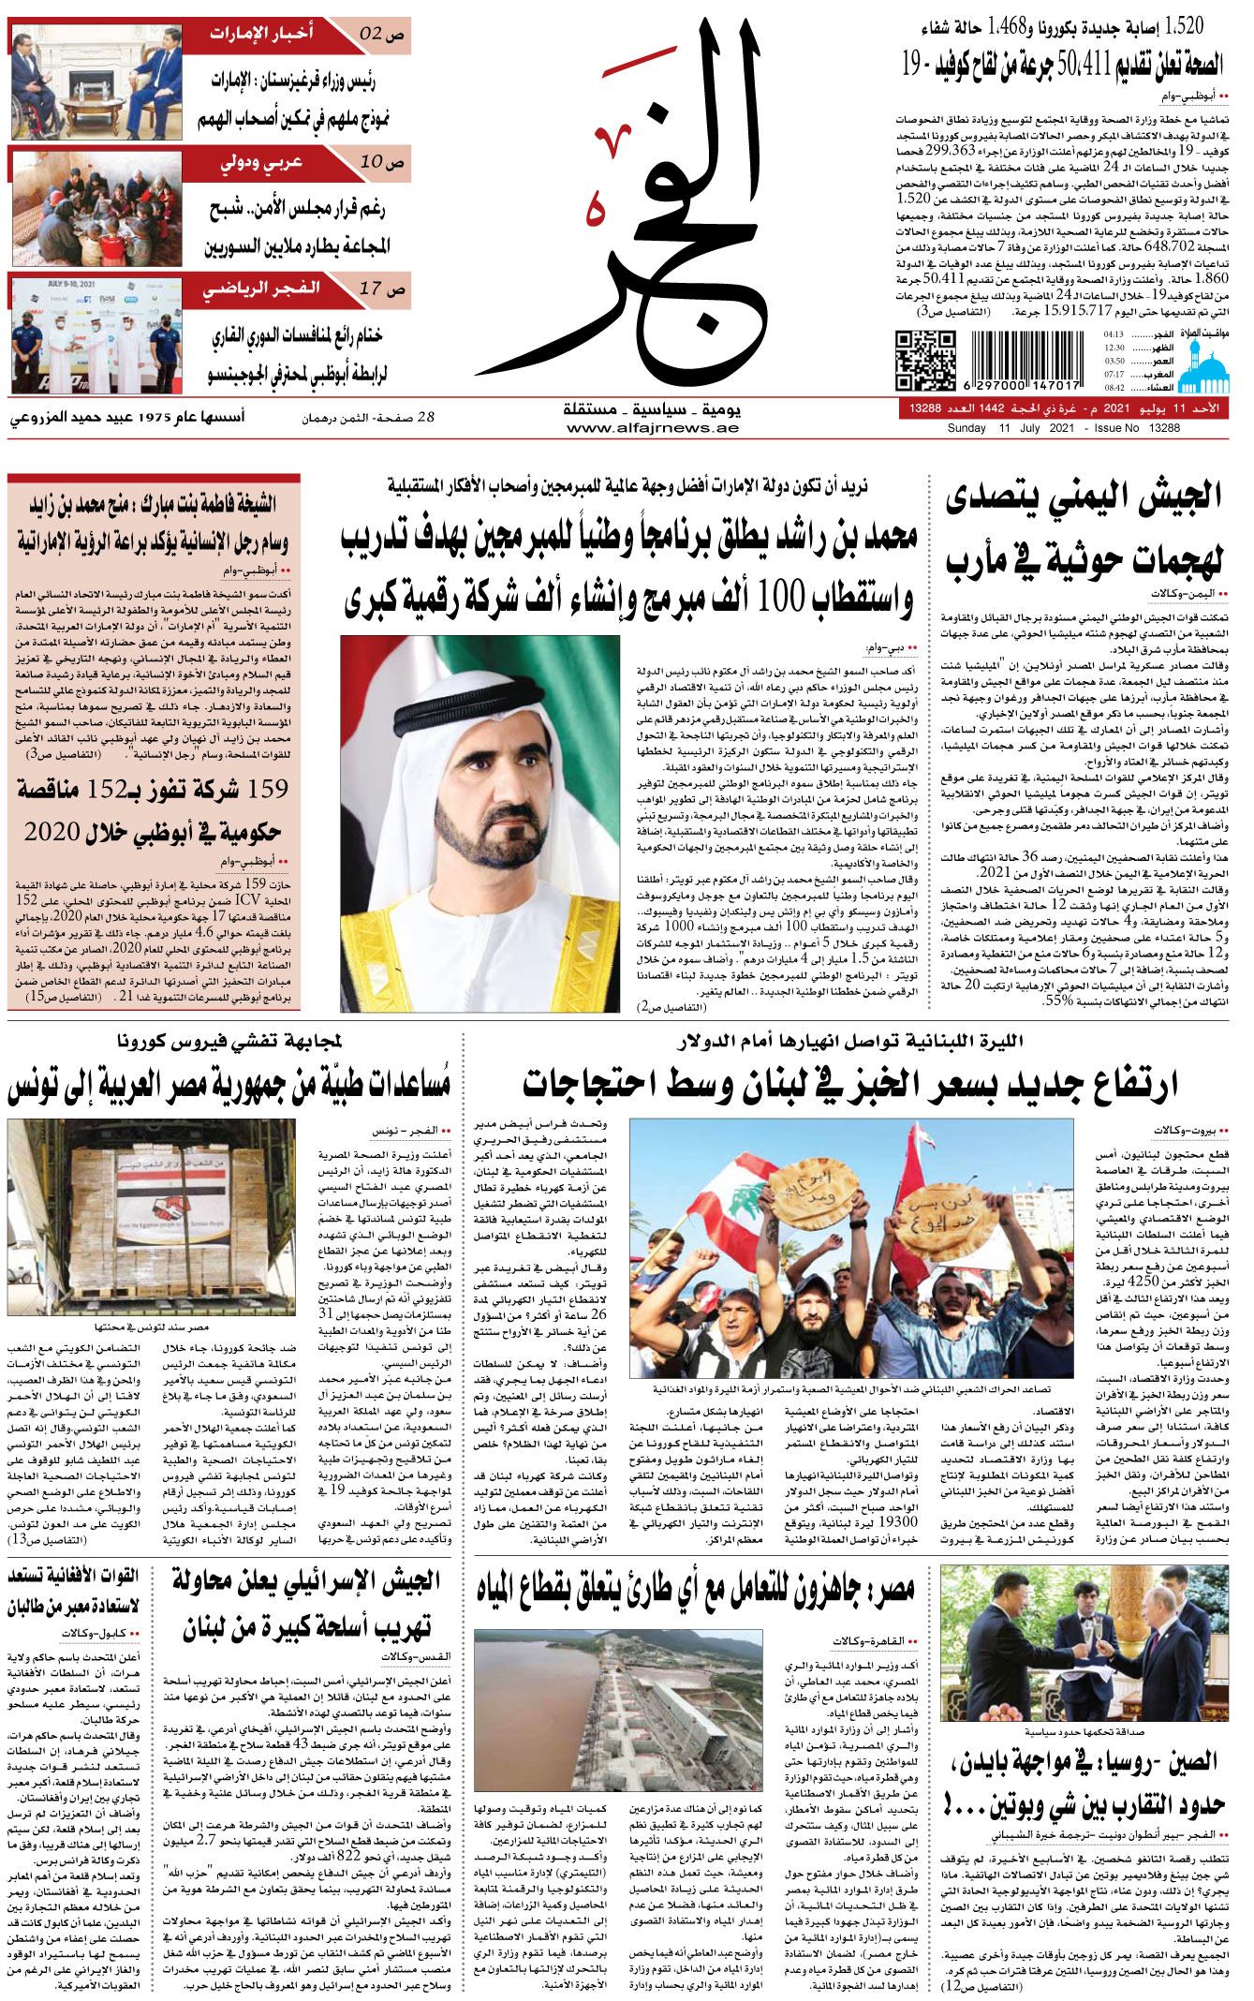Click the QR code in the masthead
click(x=925, y=361)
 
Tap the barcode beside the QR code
click(x=1027, y=361)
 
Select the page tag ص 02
click(x=382, y=35)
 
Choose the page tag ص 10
click(x=382, y=161)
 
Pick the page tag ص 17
click(x=382, y=289)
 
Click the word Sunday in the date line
click(x=966, y=428)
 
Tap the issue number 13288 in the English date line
click(x=1164, y=428)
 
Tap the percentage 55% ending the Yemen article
click(x=1058, y=1000)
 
